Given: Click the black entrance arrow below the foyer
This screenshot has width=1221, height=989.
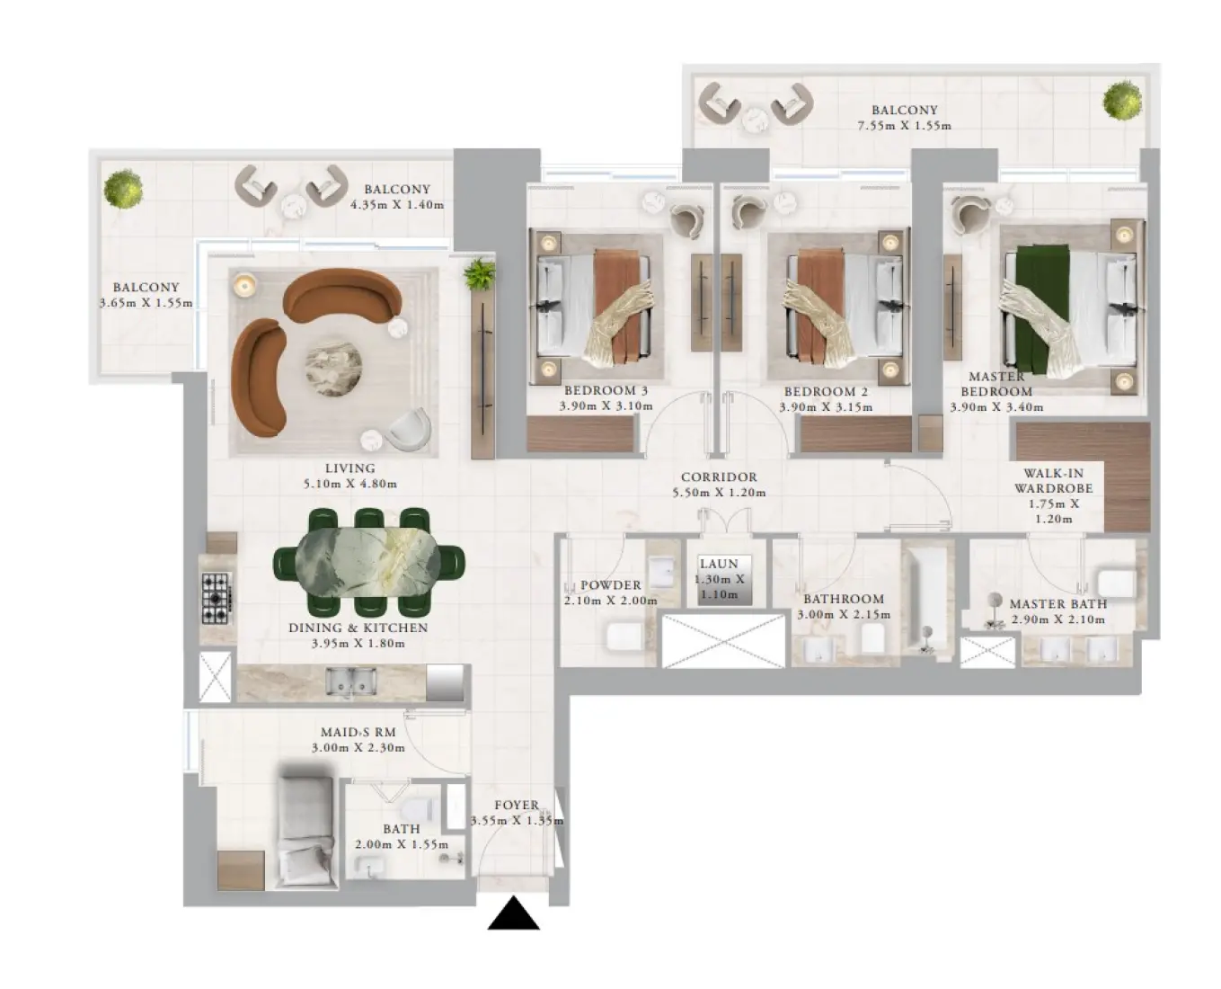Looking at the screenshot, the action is coord(513,913).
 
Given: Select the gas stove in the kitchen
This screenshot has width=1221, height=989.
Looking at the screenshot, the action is coord(217,598).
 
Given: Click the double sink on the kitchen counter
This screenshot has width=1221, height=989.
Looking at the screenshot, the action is coord(350,680).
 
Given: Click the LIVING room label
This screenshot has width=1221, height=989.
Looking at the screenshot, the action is coord(349,468).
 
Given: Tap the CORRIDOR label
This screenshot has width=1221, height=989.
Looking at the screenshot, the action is coord(719,477).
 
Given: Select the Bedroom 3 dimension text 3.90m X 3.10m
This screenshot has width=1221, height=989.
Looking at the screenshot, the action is coord(606,406).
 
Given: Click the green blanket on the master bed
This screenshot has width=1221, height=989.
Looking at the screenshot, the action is coord(1041,308).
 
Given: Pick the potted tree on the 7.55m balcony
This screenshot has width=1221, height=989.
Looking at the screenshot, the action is coord(1122,101).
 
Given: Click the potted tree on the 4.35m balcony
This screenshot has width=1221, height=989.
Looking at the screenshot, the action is coord(123,189).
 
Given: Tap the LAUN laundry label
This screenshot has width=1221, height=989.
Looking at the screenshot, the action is coord(719,564).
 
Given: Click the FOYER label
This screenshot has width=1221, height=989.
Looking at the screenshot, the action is coord(517,805).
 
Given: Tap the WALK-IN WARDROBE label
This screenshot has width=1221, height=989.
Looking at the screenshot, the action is coord(1054,481).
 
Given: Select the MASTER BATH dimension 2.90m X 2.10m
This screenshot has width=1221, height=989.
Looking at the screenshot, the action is coord(1057,619).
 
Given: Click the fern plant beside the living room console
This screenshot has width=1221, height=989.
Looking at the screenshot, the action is coord(479,274).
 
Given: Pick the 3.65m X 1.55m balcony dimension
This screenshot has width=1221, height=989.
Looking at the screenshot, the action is coord(146,302).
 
